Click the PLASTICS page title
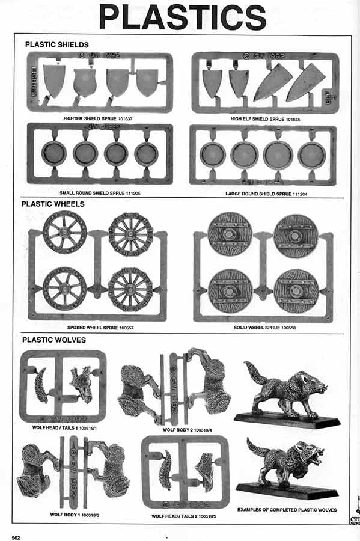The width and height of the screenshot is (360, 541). [183, 17]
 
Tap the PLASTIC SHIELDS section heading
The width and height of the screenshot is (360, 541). [56, 44]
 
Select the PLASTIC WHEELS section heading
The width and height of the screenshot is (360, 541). [53, 204]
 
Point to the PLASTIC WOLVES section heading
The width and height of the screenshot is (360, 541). [53, 340]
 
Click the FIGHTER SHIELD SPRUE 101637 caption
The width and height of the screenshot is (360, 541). [97, 118]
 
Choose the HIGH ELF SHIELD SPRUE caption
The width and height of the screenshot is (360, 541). [264, 118]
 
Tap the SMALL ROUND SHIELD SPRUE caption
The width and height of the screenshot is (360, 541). [100, 194]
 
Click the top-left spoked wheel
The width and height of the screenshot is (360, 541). [65, 232]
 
